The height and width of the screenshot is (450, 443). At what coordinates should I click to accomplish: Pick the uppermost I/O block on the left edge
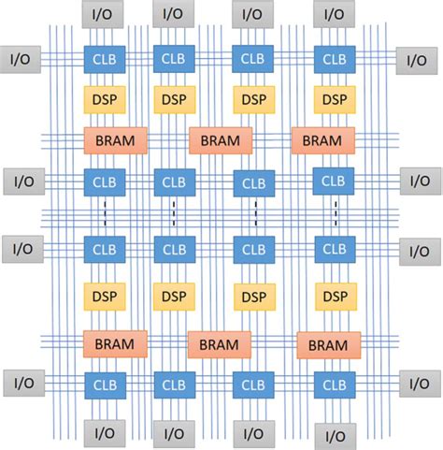tap(20, 57)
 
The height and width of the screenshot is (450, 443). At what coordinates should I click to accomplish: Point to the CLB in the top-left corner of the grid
tap(102, 59)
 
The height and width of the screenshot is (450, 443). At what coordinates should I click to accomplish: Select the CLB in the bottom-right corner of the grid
tap(334, 385)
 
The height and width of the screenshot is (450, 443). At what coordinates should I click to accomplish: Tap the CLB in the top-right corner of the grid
tap(334, 59)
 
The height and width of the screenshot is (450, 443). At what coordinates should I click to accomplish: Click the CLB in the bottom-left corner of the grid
tap(102, 385)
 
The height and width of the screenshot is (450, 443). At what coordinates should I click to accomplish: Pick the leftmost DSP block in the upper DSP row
tap(102, 99)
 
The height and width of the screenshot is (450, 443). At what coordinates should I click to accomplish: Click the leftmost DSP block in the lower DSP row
tap(102, 297)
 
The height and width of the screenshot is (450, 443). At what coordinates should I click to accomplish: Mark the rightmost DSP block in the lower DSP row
tap(334, 297)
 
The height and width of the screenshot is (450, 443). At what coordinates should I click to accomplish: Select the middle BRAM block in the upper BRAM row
tap(221, 140)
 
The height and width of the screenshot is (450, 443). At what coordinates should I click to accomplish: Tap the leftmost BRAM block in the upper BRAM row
tap(116, 140)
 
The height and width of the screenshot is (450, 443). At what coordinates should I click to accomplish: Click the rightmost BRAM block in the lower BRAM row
tap(328, 345)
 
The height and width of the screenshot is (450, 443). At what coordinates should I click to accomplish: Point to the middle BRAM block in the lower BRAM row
tap(220, 344)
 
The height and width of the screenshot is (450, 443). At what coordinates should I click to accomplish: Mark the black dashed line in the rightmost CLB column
tap(336, 214)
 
